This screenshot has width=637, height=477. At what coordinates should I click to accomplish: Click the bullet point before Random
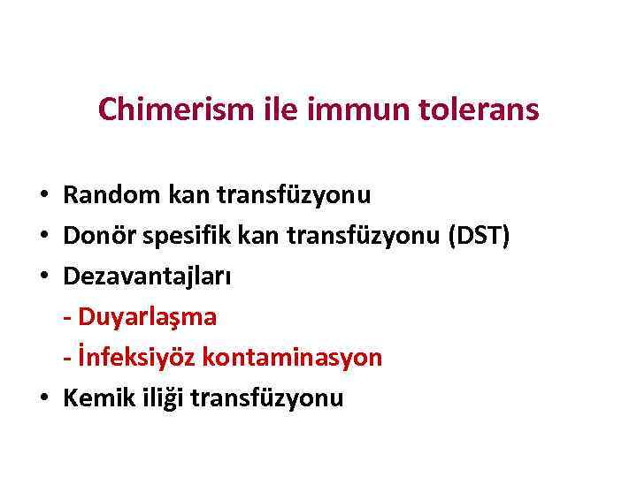pos(43,195)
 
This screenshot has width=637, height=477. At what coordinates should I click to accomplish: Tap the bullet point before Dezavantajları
pos(43,276)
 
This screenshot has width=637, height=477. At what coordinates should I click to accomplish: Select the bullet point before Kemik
pos(43,398)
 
